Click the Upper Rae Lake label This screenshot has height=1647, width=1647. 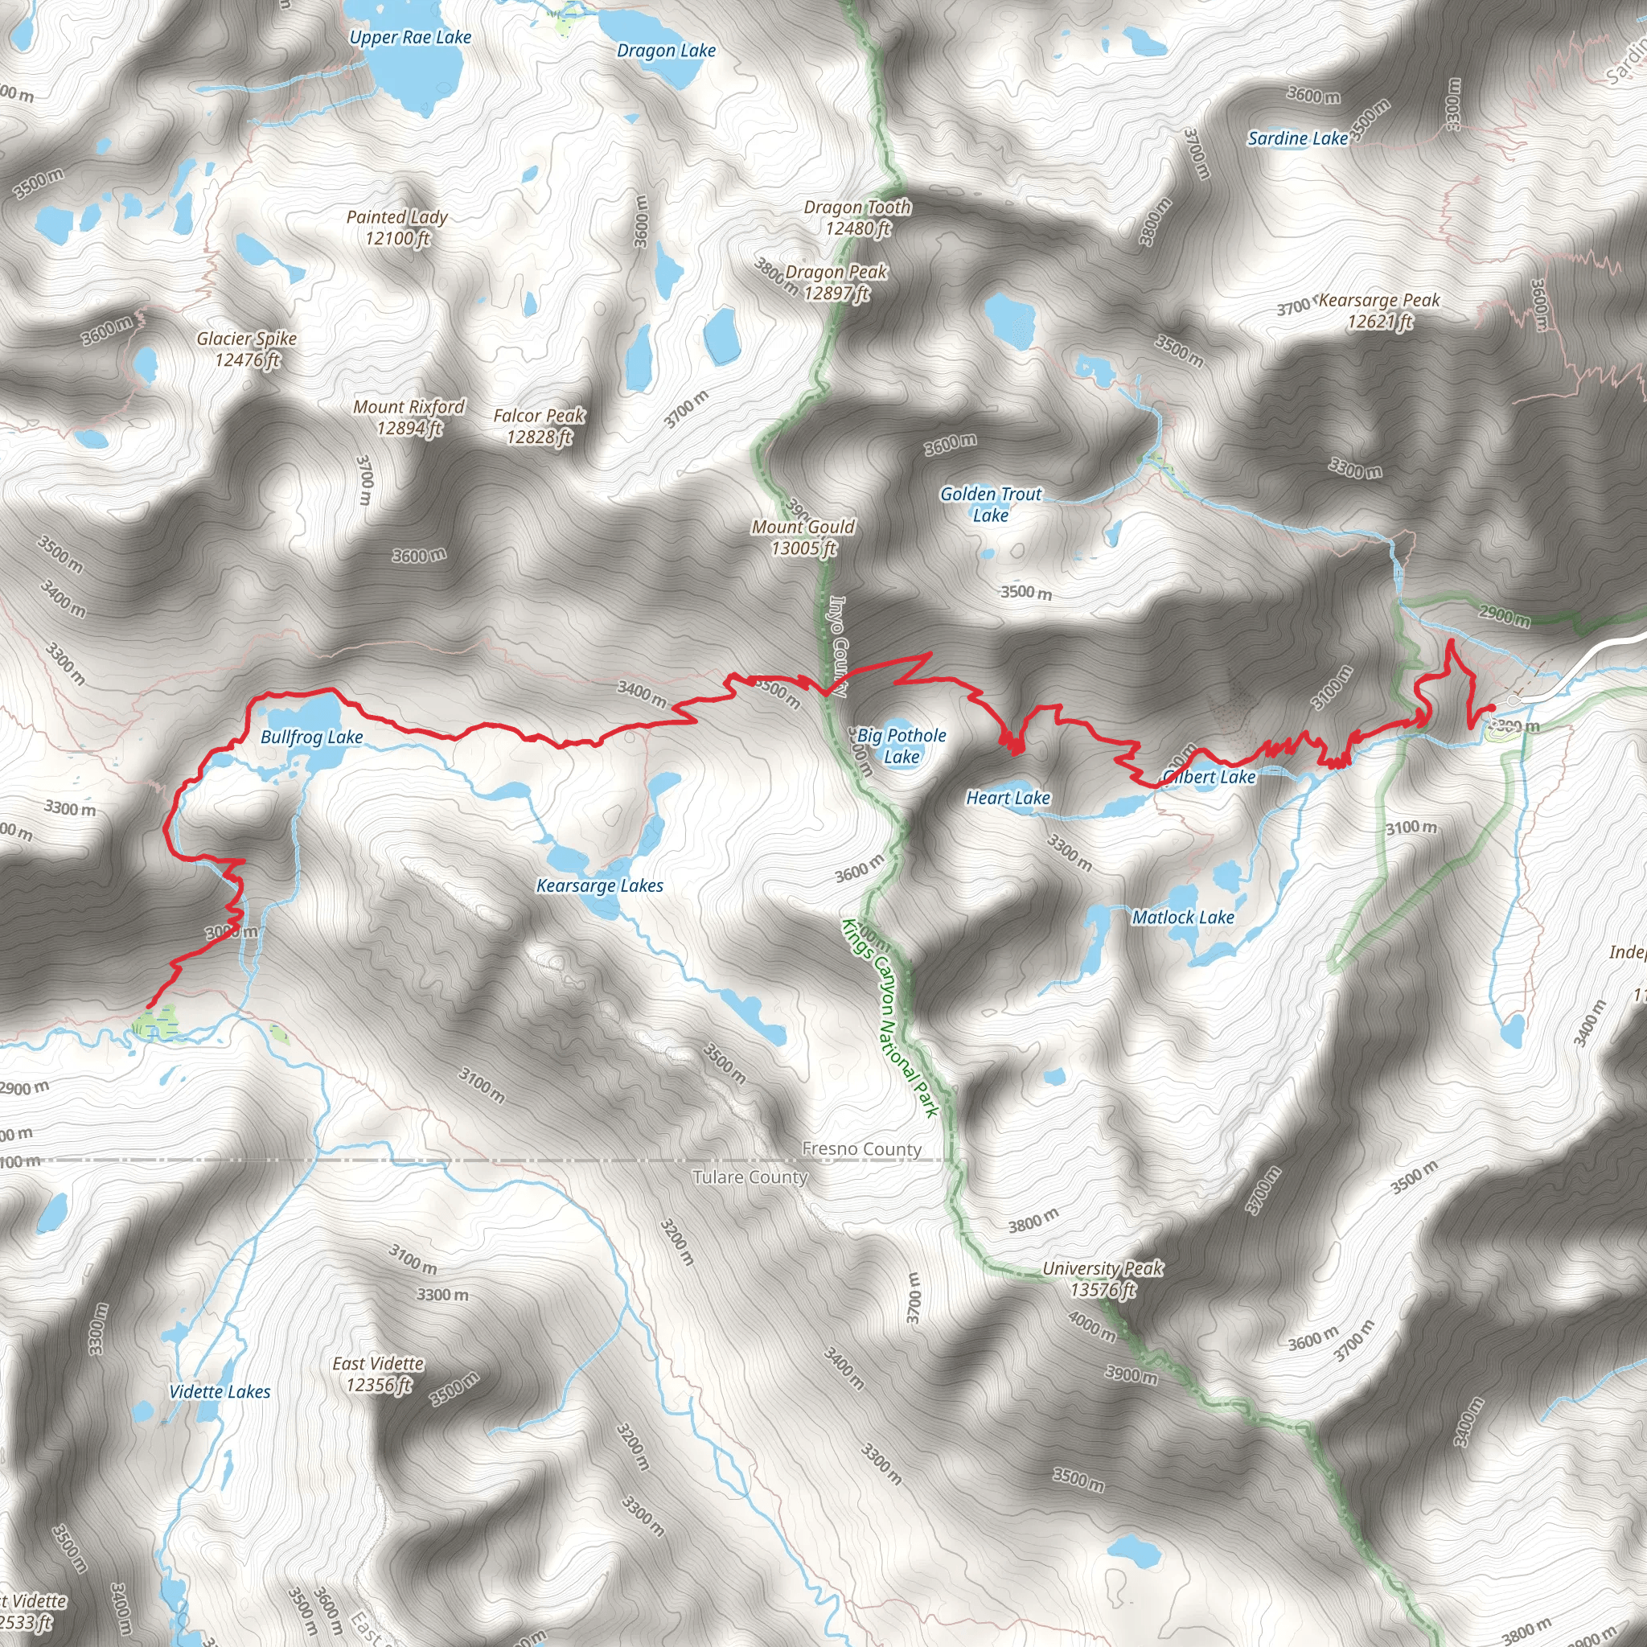(x=410, y=38)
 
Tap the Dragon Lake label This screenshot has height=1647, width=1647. (x=666, y=51)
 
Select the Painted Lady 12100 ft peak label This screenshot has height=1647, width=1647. (x=396, y=228)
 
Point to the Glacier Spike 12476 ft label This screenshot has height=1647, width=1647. (x=246, y=349)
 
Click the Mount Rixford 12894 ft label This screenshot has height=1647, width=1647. (x=409, y=417)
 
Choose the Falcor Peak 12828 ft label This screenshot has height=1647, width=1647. (x=539, y=426)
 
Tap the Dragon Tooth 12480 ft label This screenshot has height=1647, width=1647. (x=857, y=217)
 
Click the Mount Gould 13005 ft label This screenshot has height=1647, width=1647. (x=803, y=537)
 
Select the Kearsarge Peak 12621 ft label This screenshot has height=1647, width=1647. (x=1379, y=310)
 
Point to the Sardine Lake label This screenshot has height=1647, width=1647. (x=1297, y=138)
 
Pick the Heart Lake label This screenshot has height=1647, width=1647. (x=1008, y=798)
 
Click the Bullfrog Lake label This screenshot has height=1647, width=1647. (x=311, y=737)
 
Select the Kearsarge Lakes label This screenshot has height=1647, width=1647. (x=599, y=885)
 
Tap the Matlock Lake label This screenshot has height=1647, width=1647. (x=1182, y=918)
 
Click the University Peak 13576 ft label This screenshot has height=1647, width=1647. (x=1103, y=1279)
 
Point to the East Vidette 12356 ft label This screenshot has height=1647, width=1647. (x=378, y=1374)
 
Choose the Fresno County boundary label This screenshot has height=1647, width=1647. (x=862, y=1149)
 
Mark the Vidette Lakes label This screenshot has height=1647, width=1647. (x=219, y=1392)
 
